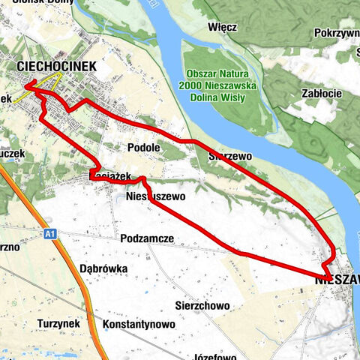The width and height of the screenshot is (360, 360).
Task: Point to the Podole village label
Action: (x=143, y=148)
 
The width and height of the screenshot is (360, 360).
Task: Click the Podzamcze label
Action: (x=147, y=238)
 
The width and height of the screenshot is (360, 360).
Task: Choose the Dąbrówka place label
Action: (x=103, y=268)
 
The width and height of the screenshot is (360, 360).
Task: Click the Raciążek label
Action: (x=110, y=175)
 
